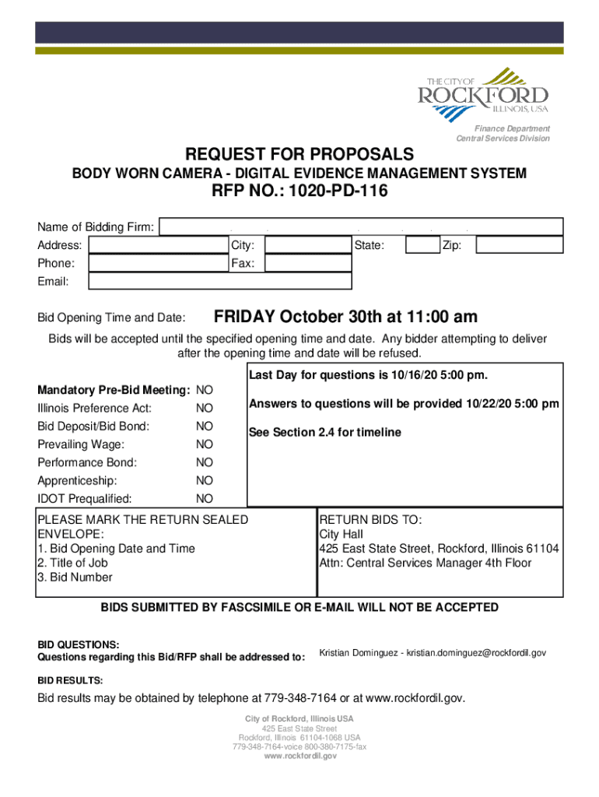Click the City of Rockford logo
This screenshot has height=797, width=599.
click(x=487, y=94)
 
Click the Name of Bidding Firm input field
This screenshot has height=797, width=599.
click(x=360, y=226)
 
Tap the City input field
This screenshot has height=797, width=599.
click(x=308, y=245)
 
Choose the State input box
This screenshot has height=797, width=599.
click(x=422, y=245)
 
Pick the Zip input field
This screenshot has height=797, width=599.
click(x=519, y=245)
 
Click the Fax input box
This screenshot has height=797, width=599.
click(x=308, y=264)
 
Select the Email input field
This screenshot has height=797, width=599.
click(x=220, y=281)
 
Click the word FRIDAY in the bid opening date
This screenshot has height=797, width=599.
click(x=244, y=318)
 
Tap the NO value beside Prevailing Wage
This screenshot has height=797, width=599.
click(x=205, y=444)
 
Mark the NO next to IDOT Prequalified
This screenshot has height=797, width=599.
click(x=205, y=499)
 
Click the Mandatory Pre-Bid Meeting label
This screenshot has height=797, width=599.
click(x=114, y=390)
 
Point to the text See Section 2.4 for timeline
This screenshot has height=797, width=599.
click(x=324, y=433)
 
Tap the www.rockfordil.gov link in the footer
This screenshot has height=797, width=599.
click(x=299, y=756)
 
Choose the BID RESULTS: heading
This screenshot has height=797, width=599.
click(x=70, y=679)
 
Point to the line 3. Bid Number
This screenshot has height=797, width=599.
click(x=75, y=578)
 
